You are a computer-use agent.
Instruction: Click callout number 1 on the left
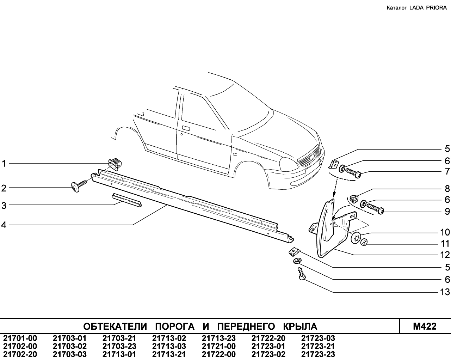tap(4, 164)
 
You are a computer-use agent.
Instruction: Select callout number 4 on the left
tap(4, 225)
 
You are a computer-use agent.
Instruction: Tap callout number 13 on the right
tap(445, 292)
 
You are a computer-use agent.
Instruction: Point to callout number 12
tap(445, 255)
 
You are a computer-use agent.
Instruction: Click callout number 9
tap(447, 211)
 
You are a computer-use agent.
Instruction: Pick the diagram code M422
tap(425, 326)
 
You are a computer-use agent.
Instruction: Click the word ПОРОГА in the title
tap(175, 326)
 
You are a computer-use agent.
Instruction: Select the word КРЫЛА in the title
tap(300, 326)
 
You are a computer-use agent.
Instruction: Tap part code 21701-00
tap(20, 338)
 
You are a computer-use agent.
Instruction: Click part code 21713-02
tap(169, 338)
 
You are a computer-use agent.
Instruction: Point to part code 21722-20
tap(268, 338)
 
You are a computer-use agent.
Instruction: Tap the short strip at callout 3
tap(127, 200)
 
